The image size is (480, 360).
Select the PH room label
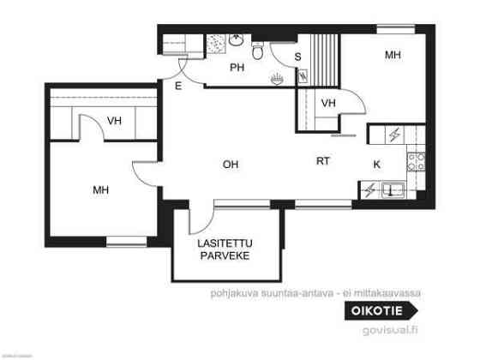[x=237, y=68]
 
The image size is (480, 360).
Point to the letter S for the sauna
[x=297, y=57]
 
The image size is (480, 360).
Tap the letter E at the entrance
[x=178, y=86]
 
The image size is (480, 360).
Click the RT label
[x=322, y=160]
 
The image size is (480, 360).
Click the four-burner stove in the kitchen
[x=417, y=160]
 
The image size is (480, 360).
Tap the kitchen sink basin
[x=395, y=189]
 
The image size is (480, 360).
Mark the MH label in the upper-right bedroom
[x=393, y=56]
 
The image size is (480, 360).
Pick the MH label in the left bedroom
[x=101, y=190]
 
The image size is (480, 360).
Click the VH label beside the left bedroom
[x=115, y=121]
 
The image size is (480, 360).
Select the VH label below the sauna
[x=327, y=104]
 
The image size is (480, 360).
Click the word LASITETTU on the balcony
[x=225, y=243]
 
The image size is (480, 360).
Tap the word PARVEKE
[x=225, y=255]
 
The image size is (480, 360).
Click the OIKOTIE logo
[x=383, y=311]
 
